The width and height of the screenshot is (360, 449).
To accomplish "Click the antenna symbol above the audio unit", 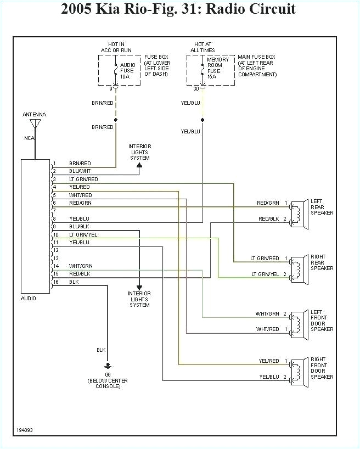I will [x=35, y=124].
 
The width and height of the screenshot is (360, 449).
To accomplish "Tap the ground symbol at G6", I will [x=107, y=364].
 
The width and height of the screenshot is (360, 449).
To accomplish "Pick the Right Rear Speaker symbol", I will [x=296, y=266].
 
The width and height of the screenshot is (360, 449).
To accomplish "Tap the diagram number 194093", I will [x=25, y=430].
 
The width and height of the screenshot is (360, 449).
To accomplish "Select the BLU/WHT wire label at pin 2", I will [x=80, y=171].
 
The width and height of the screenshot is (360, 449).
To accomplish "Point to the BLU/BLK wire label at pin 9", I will [x=79, y=227].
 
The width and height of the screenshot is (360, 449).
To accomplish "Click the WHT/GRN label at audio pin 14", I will [x=80, y=266].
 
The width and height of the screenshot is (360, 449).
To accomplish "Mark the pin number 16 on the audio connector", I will [x=55, y=282].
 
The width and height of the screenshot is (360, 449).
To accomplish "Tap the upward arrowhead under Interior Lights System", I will [x=139, y=164].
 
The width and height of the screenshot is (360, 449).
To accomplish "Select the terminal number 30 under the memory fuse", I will [x=196, y=88].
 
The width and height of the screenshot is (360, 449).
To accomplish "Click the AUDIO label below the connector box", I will [x=29, y=299].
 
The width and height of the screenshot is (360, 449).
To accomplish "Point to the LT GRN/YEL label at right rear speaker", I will [x=265, y=274].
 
